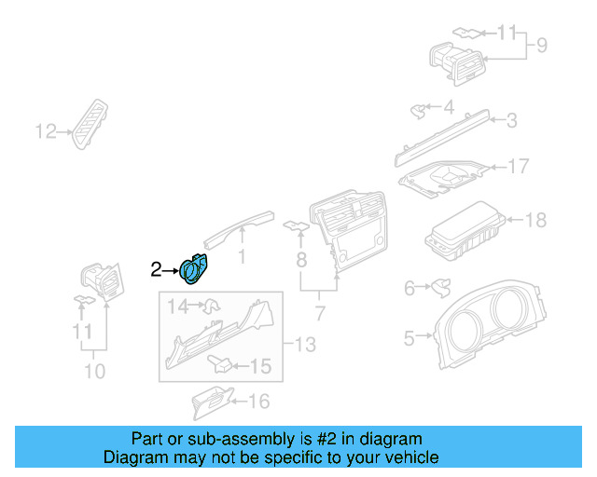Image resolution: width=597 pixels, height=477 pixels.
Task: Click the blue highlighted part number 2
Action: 194,268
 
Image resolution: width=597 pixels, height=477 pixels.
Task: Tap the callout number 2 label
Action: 157,270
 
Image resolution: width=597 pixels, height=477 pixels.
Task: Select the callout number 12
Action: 46,131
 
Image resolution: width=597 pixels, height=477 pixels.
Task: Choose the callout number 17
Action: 519,167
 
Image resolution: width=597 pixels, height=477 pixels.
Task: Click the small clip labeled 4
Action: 418,111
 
